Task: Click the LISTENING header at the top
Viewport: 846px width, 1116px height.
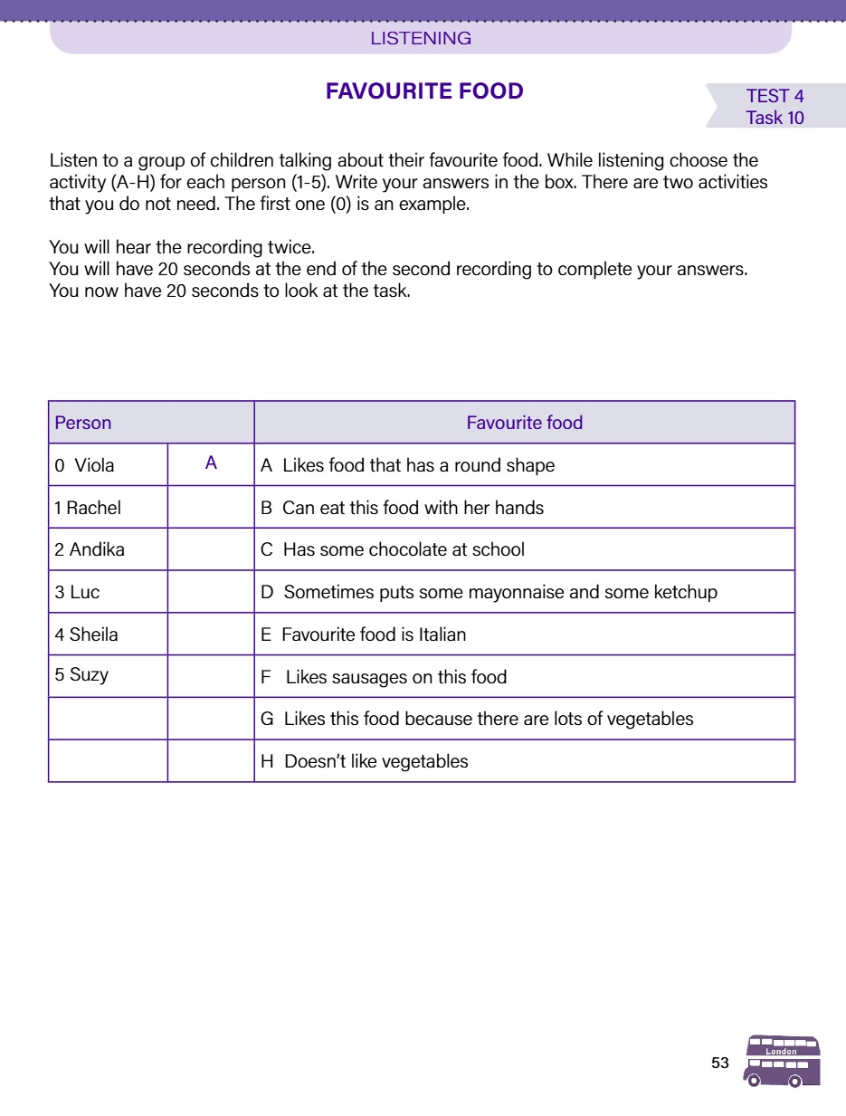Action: (x=421, y=39)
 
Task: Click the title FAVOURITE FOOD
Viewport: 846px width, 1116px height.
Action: (x=424, y=91)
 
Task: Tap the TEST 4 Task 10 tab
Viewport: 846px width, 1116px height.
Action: (x=775, y=107)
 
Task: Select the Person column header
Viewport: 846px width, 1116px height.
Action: (x=83, y=423)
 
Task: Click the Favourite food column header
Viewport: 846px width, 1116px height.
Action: (x=524, y=423)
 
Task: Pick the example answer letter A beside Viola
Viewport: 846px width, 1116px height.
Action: (x=211, y=463)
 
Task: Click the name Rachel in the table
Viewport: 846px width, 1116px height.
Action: (x=93, y=508)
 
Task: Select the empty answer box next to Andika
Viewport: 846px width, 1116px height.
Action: (x=211, y=549)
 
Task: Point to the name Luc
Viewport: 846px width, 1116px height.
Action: (x=84, y=592)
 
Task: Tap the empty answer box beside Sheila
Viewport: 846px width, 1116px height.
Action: (x=211, y=634)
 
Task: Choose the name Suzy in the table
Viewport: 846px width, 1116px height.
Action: (x=89, y=674)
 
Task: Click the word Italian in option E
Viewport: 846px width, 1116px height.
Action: (x=434, y=634)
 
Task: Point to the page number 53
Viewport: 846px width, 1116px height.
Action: (x=720, y=1064)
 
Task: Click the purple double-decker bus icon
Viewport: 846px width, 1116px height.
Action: (x=782, y=1061)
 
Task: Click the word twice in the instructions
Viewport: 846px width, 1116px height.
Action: (x=291, y=246)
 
